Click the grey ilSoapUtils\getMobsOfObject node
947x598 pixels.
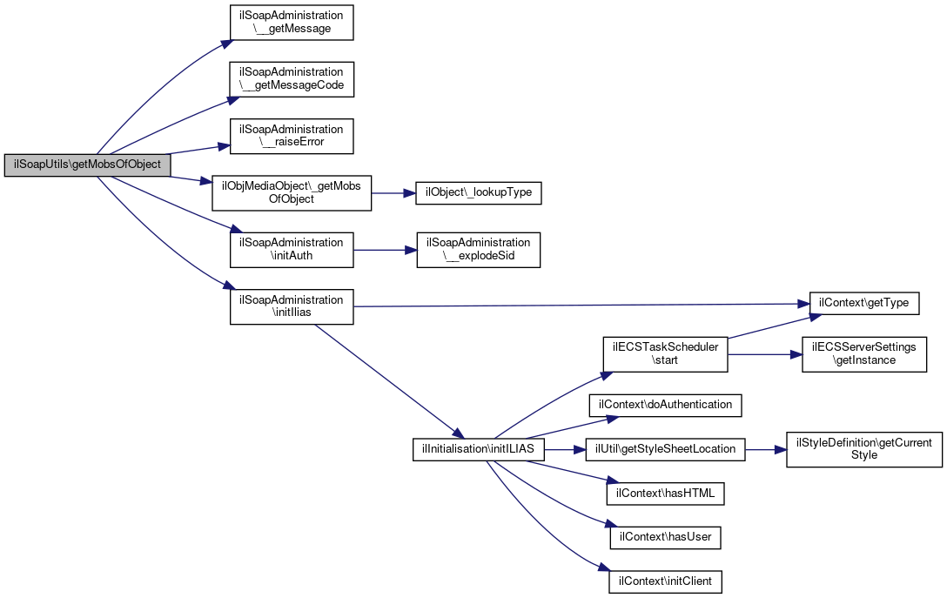[88, 165]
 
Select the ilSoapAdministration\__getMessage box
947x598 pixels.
[292, 23]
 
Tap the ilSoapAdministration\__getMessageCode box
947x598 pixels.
[292, 79]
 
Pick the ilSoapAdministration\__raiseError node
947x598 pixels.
[292, 136]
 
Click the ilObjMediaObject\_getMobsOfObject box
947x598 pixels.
[292, 193]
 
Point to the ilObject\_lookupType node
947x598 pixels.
[479, 192]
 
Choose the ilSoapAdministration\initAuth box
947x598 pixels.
[292, 250]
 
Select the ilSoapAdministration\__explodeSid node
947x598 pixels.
[479, 250]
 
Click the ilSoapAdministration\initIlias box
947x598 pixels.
[292, 306]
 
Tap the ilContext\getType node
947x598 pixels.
[863, 303]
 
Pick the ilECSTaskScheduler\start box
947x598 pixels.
[666, 354]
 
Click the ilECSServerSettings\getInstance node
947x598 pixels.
[864, 354]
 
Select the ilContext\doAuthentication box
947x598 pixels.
[666, 405]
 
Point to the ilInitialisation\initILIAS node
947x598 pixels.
[479, 449]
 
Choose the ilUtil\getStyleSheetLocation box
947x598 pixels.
[666, 449]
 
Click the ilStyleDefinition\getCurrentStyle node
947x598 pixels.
[864, 449]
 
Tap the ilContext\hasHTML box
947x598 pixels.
[666, 494]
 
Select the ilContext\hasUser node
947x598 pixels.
[666, 538]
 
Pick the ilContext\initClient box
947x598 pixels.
[666, 581]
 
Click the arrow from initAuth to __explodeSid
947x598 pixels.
[386, 250]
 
